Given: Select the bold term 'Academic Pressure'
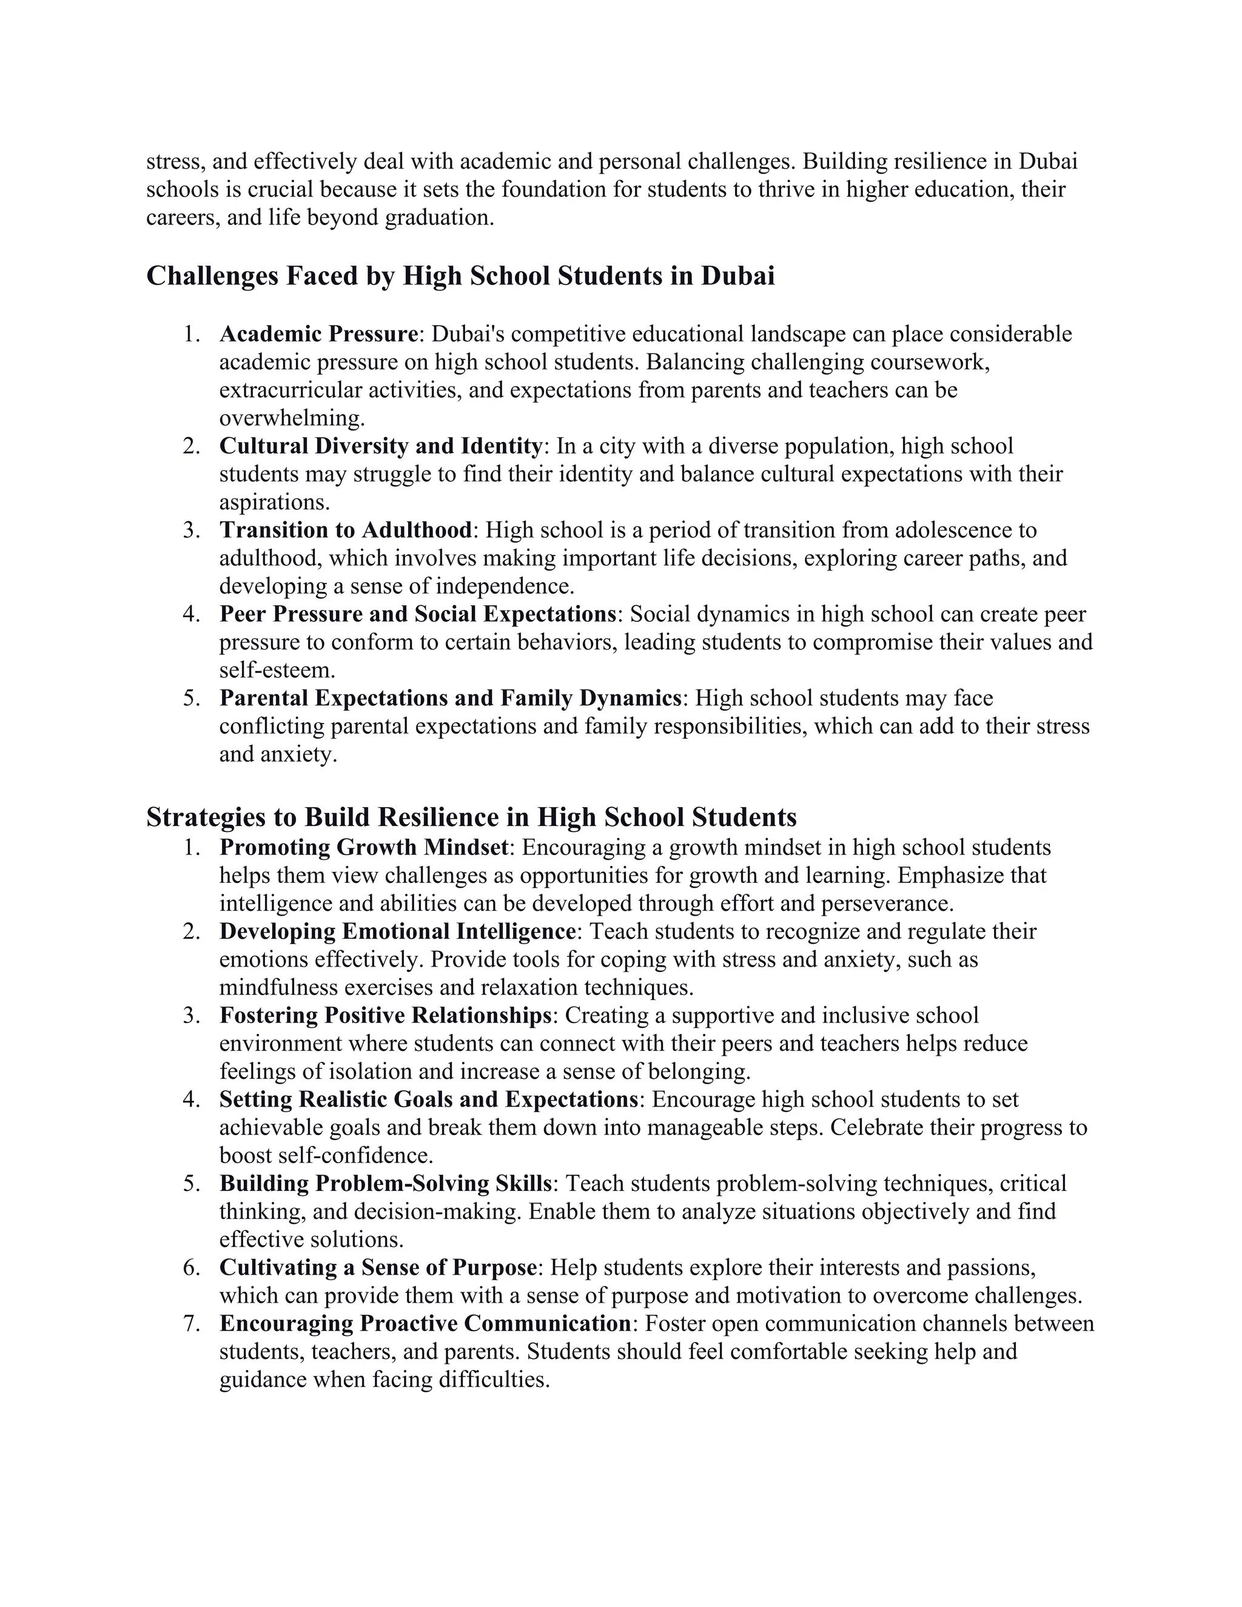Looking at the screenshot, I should pos(318,334).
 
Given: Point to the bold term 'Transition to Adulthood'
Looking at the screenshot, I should pos(345,530).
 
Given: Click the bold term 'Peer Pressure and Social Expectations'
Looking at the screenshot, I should pos(417,614).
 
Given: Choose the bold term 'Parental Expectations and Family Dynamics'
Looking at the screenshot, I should pos(451,697).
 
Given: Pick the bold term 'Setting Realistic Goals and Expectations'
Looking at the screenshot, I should pos(428,1099).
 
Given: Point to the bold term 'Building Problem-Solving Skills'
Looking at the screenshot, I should pos(385,1183).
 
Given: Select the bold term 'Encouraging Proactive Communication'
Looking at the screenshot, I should pos(425,1323).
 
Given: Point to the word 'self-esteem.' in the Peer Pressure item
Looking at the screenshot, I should pos(277,670).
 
